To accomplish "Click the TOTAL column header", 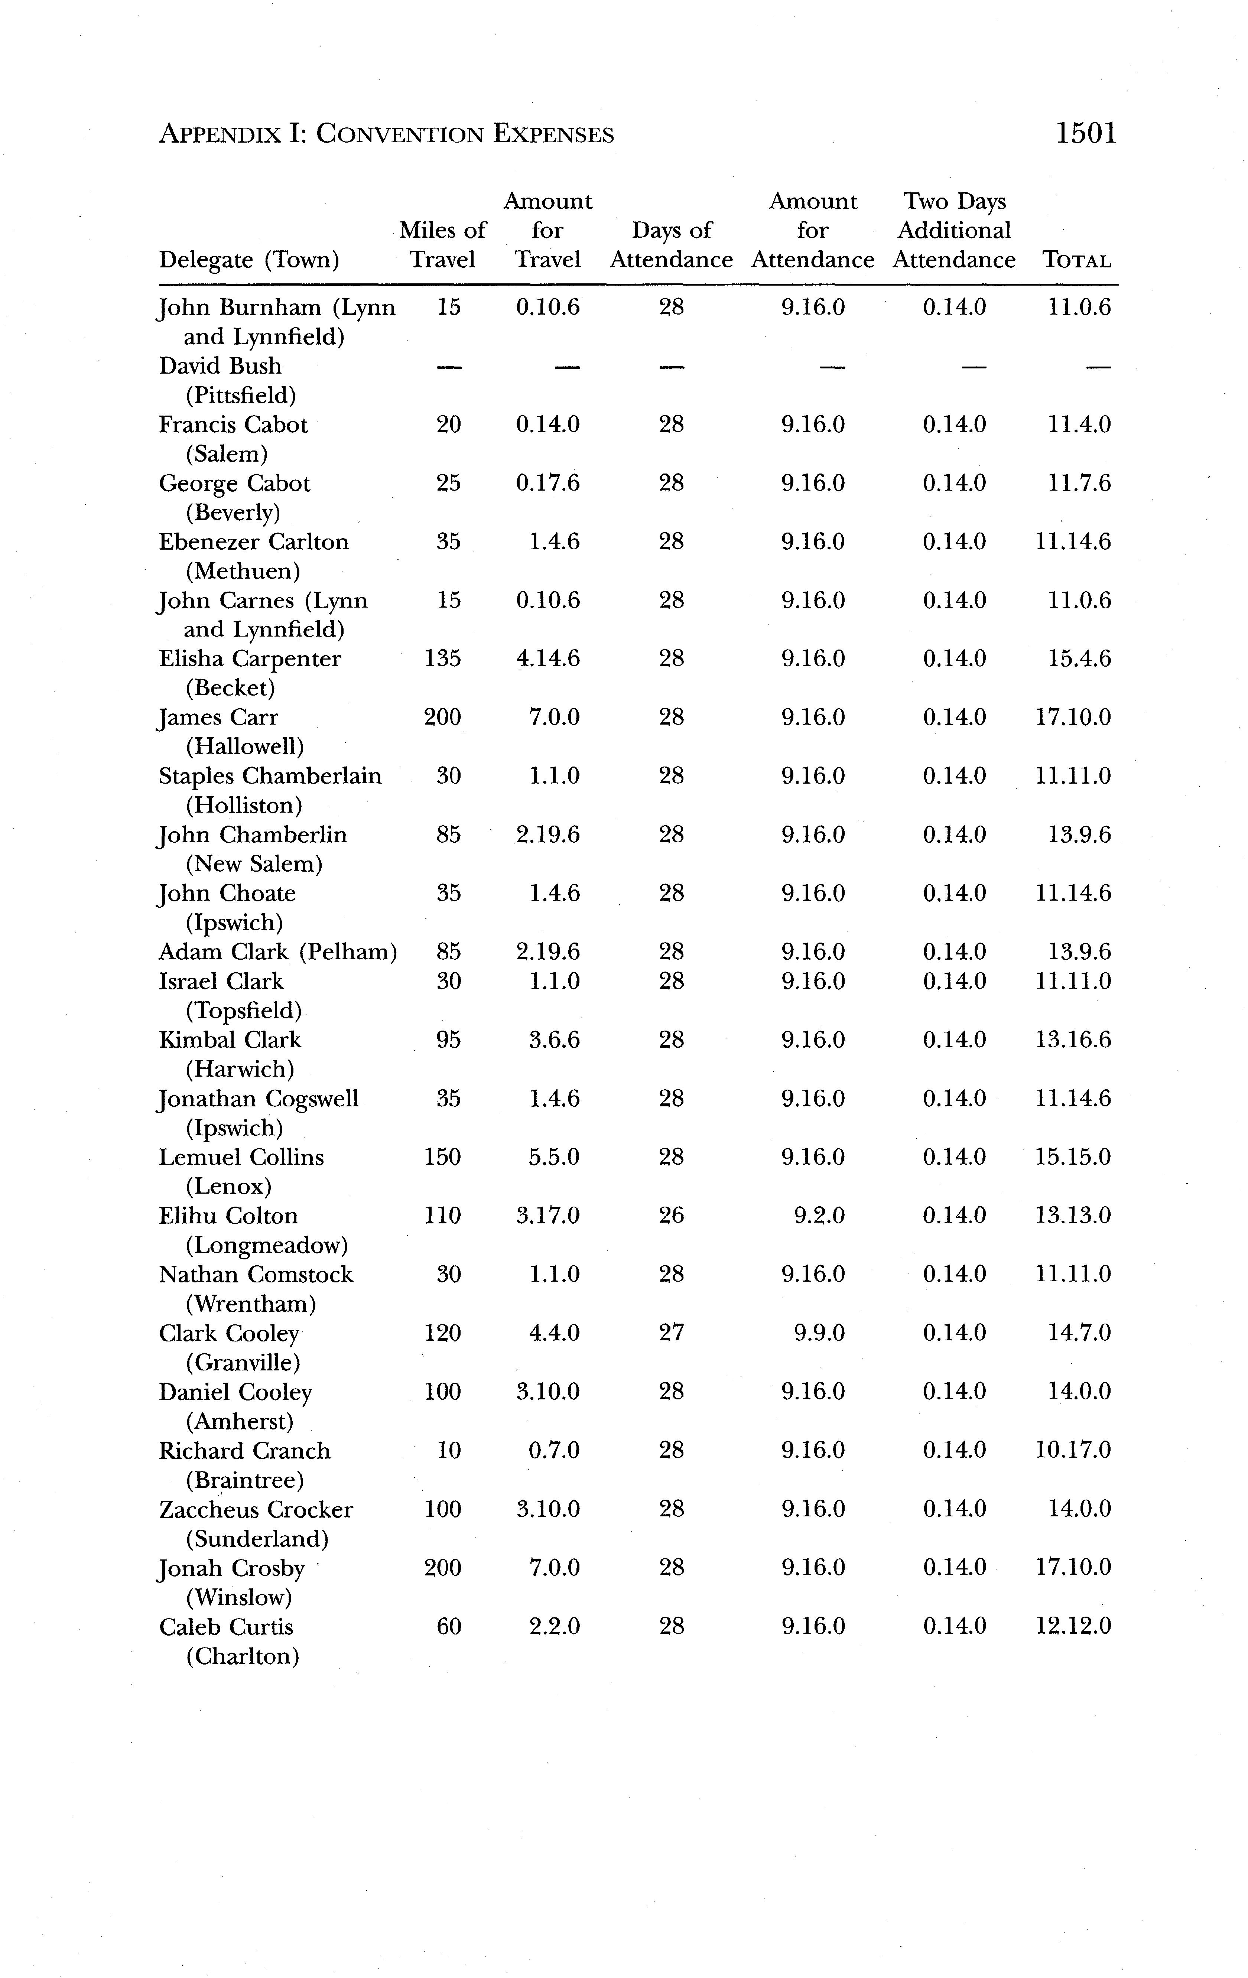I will [x=1076, y=260].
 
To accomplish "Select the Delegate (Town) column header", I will [x=249, y=260].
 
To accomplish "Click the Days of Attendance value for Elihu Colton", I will [x=671, y=1216].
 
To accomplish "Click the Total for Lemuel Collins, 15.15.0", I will [x=1073, y=1157].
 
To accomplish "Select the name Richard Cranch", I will [x=245, y=1451].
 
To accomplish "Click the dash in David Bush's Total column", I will [x=1098, y=366].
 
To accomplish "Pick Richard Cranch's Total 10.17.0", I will [x=1073, y=1451].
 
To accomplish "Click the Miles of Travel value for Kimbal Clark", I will [x=449, y=1040].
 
